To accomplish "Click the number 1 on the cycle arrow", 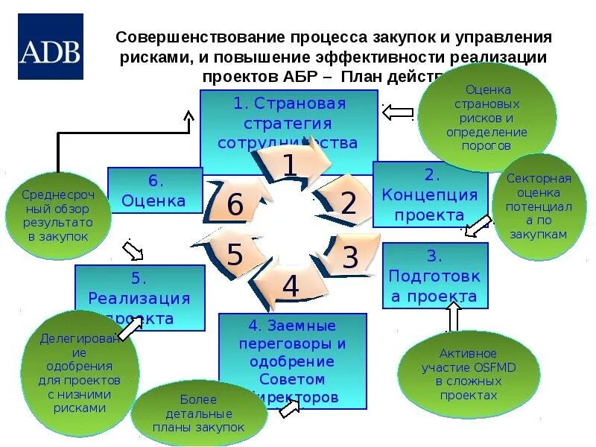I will tap(289, 165).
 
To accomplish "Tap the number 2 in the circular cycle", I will tap(349, 203).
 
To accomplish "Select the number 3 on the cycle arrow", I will tap(349, 258).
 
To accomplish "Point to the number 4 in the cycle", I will tap(291, 286).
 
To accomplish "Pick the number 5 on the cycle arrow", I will tap(235, 255).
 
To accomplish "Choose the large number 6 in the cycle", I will tap(235, 205).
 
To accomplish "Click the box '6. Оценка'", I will tap(155, 191).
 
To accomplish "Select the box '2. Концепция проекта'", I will tap(430, 195).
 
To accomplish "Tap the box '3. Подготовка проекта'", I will tap(434, 276).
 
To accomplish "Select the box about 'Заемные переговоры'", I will tap(292, 361).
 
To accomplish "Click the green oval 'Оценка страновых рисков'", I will tap(486, 118).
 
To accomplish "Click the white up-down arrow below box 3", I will tap(452, 318).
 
